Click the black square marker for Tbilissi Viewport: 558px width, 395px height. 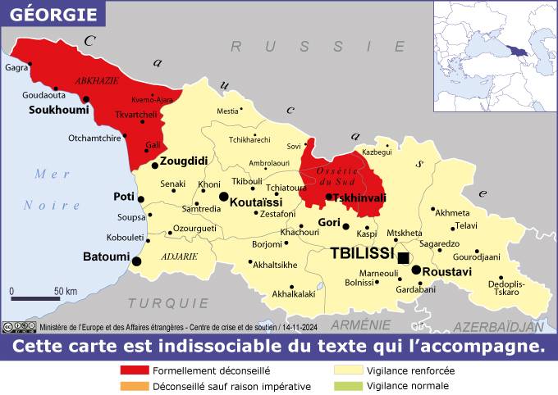(x=403, y=257)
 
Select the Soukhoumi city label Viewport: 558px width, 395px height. (x=58, y=109)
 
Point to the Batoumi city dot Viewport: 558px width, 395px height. (x=136, y=261)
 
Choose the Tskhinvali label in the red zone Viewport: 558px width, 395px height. (x=359, y=197)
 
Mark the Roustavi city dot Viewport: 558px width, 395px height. (x=416, y=270)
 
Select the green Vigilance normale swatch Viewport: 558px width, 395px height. (x=348, y=386)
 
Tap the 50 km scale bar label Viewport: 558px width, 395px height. (x=66, y=292)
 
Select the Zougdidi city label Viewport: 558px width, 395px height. (x=184, y=161)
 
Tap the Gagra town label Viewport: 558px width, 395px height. (x=16, y=68)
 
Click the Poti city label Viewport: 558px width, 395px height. (x=124, y=197)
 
